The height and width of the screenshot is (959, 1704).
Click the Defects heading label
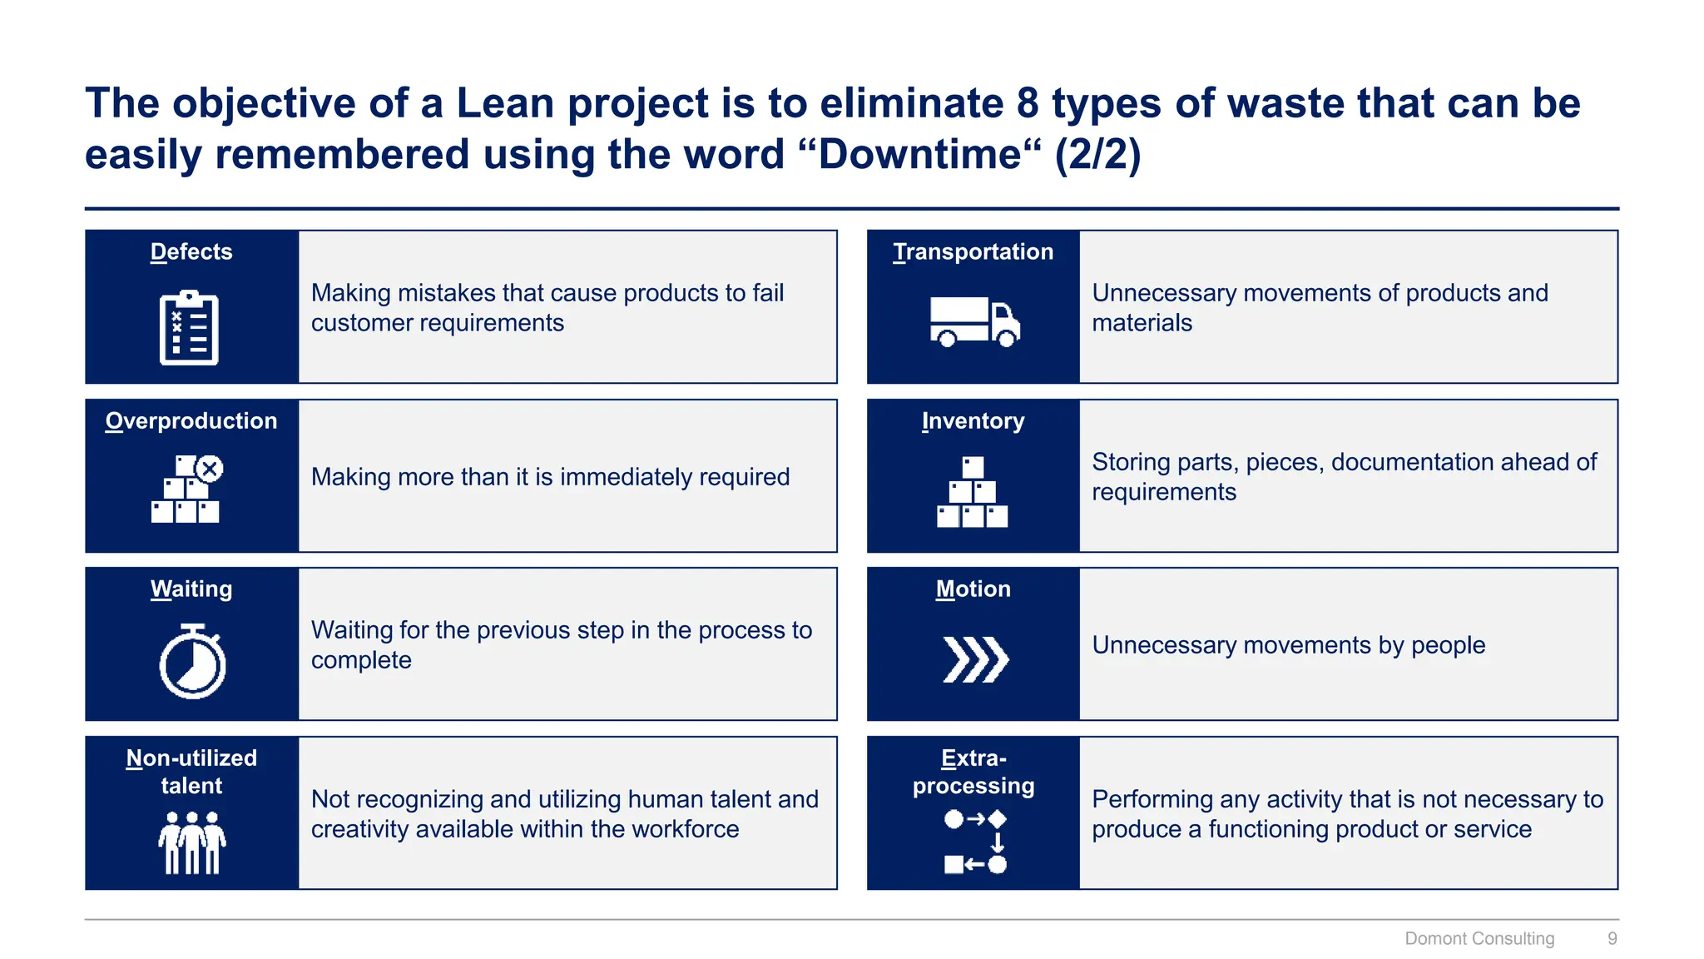(x=191, y=251)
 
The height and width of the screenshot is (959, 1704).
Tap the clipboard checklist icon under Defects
(x=189, y=329)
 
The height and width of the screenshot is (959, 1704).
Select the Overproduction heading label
(x=191, y=420)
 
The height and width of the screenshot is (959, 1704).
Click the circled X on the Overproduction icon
(x=210, y=469)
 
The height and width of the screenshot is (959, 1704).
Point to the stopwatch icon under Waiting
(x=192, y=662)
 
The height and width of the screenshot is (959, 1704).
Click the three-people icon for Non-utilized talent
(x=192, y=842)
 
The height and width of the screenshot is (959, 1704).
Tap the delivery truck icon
(x=974, y=321)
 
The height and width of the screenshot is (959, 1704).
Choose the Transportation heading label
(x=973, y=251)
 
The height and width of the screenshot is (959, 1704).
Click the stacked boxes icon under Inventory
(x=972, y=492)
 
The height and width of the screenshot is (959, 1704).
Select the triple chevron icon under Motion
(x=975, y=659)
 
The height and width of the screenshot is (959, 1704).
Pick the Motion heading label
(x=973, y=589)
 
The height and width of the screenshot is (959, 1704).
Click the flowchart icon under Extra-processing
(x=975, y=842)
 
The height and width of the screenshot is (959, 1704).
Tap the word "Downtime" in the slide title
(x=919, y=154)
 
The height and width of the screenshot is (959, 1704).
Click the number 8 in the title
(x=1028, y=103)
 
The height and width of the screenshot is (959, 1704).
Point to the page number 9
(x=1612, y=938)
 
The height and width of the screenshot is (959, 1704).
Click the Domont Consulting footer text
(x=1479, y=938)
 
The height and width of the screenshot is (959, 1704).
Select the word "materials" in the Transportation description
(x=1142, y=323)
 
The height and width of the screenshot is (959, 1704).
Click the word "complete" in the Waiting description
(x=361, y=660)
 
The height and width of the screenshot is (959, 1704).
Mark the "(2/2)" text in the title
(x=1097, y=154)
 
